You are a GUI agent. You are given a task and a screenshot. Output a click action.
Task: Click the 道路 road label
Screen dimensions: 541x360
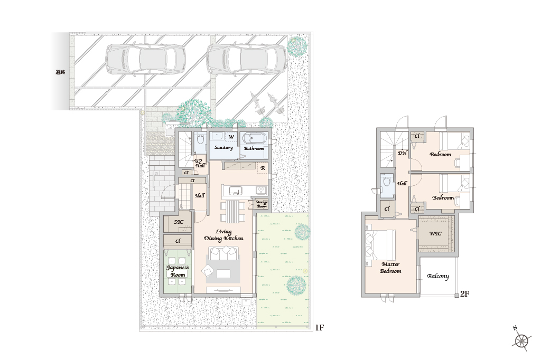60,72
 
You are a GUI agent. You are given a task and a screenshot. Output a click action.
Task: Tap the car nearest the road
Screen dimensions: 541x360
145,59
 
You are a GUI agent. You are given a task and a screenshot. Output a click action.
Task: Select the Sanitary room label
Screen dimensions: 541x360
223,148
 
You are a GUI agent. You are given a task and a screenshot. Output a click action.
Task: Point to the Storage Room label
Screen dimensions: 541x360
262,204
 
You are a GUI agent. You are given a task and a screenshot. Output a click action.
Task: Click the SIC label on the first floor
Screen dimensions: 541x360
179,222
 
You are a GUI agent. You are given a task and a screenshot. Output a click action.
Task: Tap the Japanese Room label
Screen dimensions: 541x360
178,271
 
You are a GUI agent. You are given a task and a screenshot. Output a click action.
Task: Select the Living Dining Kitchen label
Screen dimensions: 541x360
223,235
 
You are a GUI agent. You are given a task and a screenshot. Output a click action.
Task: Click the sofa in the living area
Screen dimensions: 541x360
223,253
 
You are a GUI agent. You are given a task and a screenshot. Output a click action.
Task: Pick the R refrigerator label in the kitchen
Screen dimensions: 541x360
263,168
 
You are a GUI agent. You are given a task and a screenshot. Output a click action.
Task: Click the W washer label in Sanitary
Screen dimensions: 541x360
231,137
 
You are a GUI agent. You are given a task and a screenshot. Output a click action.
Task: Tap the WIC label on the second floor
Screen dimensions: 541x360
435,233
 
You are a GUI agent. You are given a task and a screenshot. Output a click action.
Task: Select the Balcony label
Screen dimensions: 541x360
438,276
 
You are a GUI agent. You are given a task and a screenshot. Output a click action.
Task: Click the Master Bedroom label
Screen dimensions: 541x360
390,268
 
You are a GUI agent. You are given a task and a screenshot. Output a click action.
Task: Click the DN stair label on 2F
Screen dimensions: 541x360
403,153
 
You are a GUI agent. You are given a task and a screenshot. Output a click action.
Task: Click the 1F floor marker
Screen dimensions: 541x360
320,328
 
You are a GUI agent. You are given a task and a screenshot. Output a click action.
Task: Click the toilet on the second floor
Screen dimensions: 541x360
387,182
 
